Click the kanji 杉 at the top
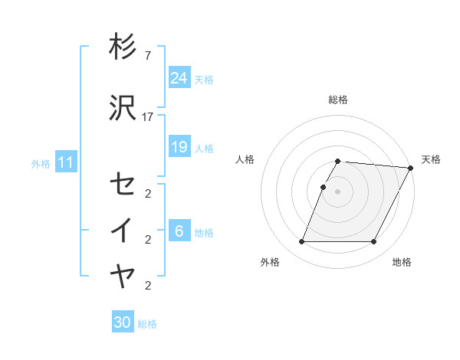point(123,47)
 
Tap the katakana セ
point(123,184)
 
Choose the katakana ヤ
point(123,276)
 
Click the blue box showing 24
point(179,78)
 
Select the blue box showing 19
point(179,146)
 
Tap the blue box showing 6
point(179,231)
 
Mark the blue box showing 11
point(65,162)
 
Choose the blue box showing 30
point(123,322)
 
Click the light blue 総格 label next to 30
point(147,324)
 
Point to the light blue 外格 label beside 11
point(41,163)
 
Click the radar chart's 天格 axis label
point(431,159)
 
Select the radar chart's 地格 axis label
point(402,262)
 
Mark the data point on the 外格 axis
point(301,242)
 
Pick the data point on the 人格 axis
point(324,187)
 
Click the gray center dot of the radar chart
point(338,191)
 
